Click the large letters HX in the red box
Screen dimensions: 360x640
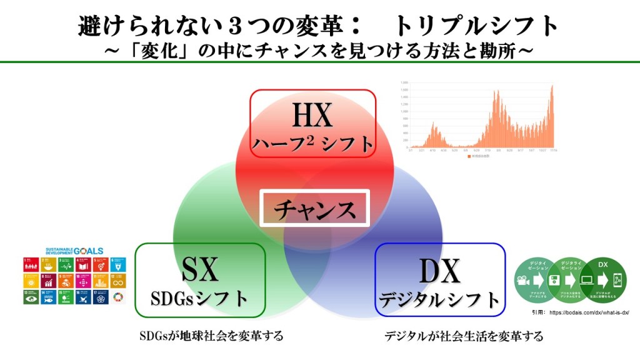[312, 116]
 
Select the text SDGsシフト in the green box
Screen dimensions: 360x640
[200, 298]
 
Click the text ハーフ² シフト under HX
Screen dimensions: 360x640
[312, 144]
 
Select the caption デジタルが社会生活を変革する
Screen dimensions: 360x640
[464, 336]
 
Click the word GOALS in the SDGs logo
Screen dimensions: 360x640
[90, 251]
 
